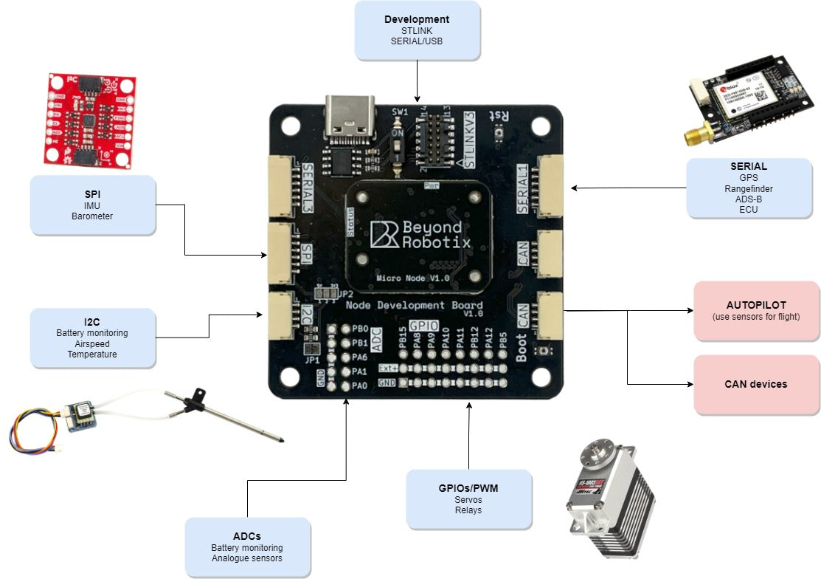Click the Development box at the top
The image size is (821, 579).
click(418, 30)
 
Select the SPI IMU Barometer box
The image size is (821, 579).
click(93, 205)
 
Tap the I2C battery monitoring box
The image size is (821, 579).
click(93, 338)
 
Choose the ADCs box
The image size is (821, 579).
click(247, 547)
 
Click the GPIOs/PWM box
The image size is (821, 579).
click(468, 499)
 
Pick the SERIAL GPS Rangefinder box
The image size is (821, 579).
click(749, 188)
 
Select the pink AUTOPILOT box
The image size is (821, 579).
click(756, 310)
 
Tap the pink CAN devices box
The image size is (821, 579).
click(756, 384)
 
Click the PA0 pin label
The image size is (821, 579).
click(360, 385)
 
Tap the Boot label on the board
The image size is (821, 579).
click(522, 346)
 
